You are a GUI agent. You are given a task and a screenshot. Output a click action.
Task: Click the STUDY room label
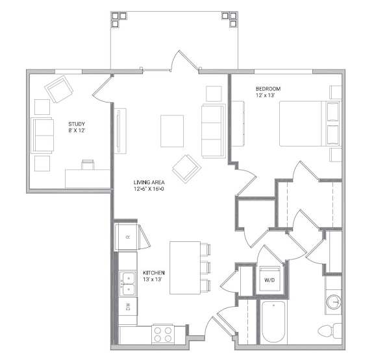77,124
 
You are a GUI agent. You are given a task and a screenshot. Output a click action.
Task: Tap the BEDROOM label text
268,89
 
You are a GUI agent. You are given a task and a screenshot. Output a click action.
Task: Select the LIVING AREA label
149,182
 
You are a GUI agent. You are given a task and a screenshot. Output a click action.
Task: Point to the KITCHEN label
154,272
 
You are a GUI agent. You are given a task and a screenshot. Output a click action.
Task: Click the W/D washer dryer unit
269,279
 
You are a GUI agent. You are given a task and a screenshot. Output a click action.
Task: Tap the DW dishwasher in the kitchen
128,306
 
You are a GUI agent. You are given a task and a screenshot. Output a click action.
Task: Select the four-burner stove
163,334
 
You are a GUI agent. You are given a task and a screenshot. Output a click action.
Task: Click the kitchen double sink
128,283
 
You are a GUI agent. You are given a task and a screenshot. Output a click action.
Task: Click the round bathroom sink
334,302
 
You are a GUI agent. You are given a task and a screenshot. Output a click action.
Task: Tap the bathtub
273,322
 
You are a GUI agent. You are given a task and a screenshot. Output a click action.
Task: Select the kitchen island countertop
185,268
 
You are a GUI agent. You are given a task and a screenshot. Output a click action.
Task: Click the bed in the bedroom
310,124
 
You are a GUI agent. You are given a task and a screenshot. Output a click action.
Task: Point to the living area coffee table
172,131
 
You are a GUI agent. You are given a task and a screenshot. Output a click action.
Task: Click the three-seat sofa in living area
214,131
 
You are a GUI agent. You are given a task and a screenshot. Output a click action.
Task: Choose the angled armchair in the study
59,89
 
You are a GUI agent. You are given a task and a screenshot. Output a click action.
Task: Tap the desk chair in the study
88,164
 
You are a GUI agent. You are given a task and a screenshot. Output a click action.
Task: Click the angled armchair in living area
186,169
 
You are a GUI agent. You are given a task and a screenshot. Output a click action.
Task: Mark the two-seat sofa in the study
42,135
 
